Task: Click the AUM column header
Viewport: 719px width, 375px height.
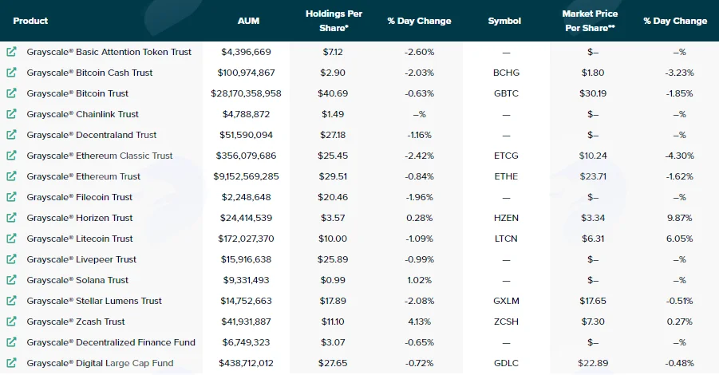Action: click(248, 21)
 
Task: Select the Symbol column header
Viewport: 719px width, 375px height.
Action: click(504, 21)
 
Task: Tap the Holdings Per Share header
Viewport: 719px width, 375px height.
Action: click(334, 21)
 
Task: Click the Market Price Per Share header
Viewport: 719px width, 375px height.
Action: click(590, 21)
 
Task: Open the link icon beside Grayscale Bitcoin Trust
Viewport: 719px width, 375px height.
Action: click(11, 93)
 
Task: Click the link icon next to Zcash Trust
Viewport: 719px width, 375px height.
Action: click(11, 322)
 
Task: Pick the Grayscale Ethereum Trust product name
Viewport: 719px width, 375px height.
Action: click(84, 176)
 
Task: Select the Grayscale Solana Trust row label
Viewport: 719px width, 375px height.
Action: click(77, 280)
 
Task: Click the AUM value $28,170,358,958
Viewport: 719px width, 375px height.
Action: click(247, 93)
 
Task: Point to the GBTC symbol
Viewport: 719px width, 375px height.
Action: click(506, 93)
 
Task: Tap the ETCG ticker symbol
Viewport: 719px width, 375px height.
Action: click(506, 156)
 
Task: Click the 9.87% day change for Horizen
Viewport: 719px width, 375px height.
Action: click(680, 218)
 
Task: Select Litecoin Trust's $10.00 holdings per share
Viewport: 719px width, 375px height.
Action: click(333, 239)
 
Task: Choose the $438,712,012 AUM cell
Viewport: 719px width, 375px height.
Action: click(247, 363)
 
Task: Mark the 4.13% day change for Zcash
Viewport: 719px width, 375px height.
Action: click(420, 322)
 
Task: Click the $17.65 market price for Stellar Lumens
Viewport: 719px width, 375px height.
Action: click(593, 301)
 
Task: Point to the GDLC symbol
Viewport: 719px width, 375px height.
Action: click(506, 363)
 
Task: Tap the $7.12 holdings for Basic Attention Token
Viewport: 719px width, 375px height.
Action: click(333, 52)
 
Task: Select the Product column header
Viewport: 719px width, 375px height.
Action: click(30, 21)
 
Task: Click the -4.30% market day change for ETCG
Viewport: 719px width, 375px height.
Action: click(680, 156)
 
